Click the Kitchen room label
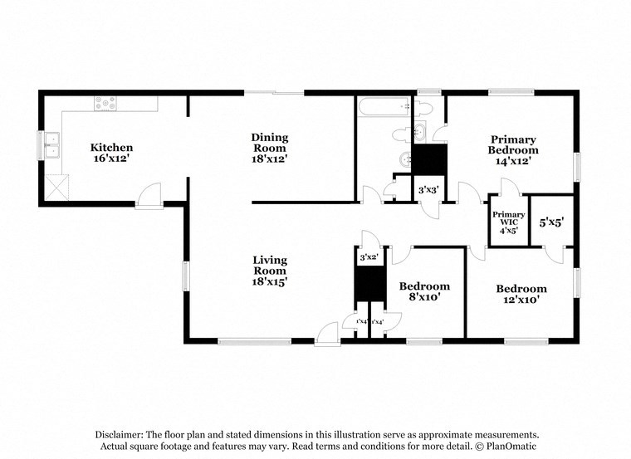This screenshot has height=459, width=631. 111,148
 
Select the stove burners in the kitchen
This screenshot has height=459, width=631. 105,104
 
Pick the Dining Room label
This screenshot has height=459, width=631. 270,143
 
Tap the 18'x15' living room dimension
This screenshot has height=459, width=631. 270,282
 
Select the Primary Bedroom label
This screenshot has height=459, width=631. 512,145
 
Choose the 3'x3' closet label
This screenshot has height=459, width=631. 428,190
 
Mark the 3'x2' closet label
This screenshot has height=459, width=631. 369,258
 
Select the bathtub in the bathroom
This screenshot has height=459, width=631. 384,105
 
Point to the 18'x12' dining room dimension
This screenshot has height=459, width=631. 270,159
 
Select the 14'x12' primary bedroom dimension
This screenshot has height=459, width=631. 512,161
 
